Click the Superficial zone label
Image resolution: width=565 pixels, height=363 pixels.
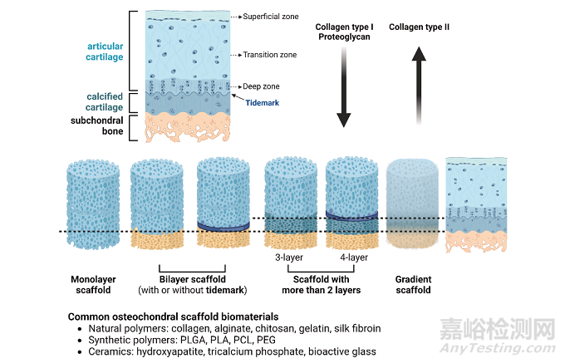(271, 17)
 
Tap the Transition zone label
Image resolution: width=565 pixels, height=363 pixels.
(270, 55)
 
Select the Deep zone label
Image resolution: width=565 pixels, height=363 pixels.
(261, 86)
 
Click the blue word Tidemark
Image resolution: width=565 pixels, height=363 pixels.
(263, 103)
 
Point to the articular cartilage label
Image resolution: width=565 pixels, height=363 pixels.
(105, 52)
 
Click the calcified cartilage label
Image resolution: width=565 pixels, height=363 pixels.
(105, 102)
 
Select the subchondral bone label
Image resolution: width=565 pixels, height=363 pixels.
(97, 125)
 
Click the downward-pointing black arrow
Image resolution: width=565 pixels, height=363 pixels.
(344, 87)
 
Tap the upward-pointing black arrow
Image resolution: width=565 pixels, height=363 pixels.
(419, 86)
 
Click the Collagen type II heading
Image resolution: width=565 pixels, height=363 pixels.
(419, 27)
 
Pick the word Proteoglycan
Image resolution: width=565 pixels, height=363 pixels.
(344, 37)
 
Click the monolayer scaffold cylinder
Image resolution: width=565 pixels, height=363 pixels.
(93, 204)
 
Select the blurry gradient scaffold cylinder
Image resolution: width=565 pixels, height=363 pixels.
(412, 204)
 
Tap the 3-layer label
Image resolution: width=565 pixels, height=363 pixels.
(289, 258)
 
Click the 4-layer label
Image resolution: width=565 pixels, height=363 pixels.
(354, 258)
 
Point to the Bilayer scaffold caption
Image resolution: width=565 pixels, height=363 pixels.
(193, 279)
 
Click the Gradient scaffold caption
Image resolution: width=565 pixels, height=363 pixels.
(413, 284)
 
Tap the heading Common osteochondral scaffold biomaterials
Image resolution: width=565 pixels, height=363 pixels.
(174, 317)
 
